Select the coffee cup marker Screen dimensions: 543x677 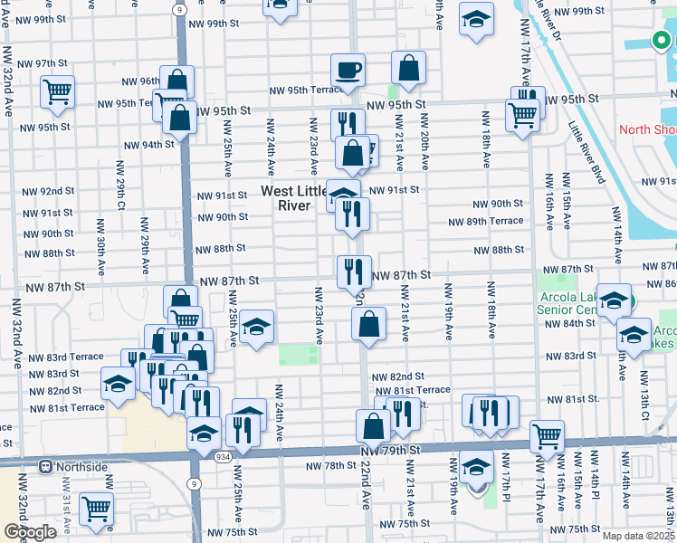point(347,71)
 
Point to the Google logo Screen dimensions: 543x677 point(30,532)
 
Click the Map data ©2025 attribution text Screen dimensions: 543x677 point(639,536)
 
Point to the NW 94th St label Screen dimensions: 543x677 point(148,145)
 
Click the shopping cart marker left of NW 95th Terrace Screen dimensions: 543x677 point(57,91)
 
